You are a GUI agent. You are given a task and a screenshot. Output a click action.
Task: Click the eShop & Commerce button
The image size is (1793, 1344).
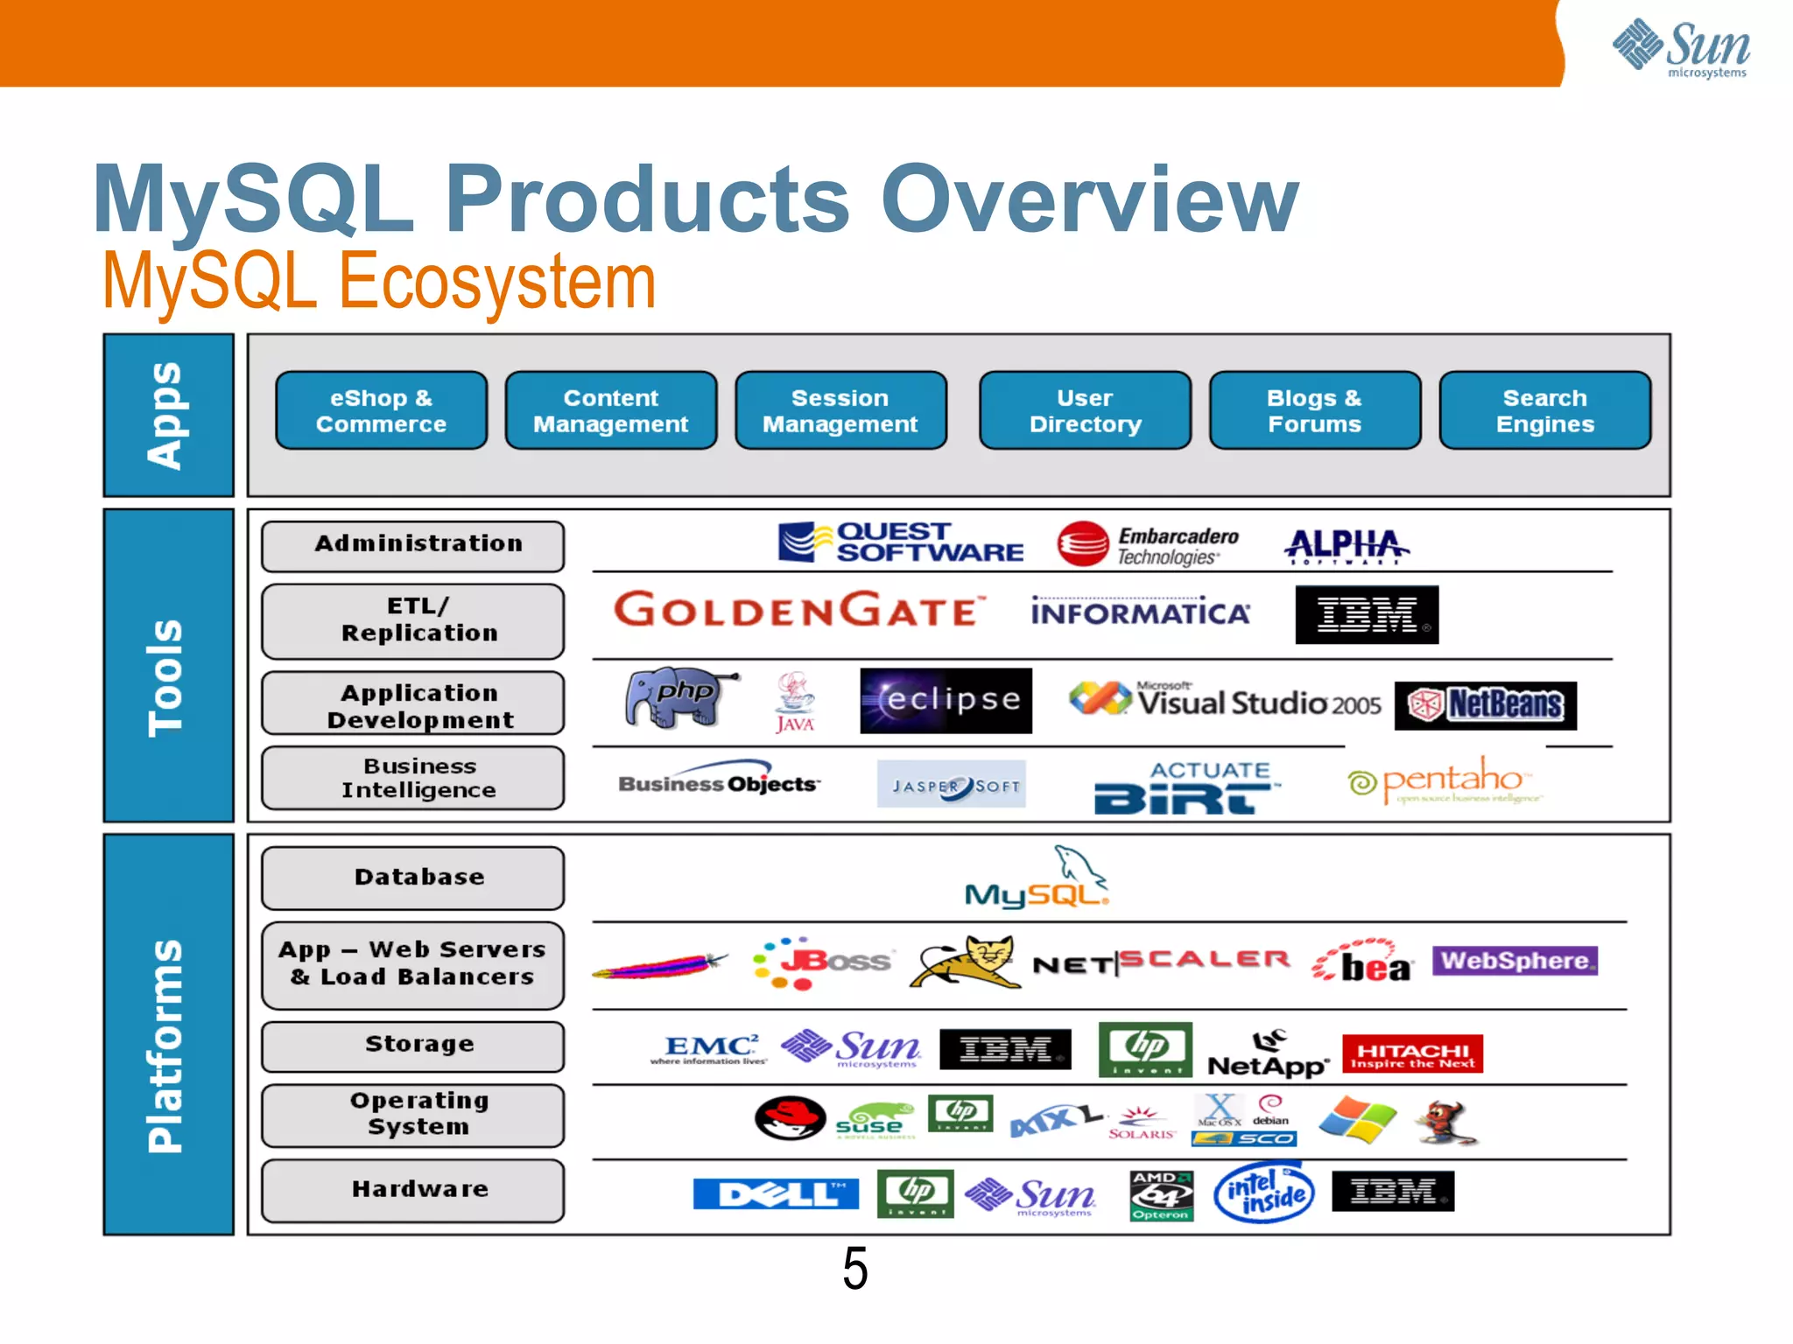381,410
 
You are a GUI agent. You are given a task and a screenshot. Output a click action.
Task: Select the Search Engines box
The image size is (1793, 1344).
1544,410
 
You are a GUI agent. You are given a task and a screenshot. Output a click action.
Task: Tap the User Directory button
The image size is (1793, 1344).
1085,410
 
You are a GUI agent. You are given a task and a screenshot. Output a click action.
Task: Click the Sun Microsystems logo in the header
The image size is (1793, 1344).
1681,48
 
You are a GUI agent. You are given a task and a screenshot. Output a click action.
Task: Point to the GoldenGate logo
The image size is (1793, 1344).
798,610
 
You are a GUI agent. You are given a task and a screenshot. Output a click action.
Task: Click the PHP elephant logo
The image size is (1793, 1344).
679,698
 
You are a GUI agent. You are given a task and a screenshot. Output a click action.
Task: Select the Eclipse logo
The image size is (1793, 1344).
946,700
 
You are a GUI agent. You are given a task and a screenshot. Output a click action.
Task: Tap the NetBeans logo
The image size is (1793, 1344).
1485,705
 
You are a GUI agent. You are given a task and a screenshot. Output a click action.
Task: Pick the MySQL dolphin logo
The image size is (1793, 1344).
1037,878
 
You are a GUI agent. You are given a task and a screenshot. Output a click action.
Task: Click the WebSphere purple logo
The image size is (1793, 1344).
1515,961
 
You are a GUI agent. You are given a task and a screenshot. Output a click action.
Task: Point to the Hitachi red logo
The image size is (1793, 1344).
1412,1054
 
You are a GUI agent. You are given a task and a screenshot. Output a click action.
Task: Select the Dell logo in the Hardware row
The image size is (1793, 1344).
776,1193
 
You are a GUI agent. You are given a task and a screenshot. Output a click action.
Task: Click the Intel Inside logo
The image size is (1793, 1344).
1263,1193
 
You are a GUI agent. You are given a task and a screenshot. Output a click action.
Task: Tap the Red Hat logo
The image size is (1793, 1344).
790,1117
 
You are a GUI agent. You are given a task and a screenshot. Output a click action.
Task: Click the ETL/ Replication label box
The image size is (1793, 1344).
412,620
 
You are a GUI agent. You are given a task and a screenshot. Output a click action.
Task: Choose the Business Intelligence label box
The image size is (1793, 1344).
412,778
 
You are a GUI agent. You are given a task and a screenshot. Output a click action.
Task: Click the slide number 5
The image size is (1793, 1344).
854,1269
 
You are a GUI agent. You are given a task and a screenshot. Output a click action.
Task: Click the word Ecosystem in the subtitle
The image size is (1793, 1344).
496,282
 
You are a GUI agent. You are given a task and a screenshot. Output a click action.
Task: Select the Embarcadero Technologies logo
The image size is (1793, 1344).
1147,545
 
